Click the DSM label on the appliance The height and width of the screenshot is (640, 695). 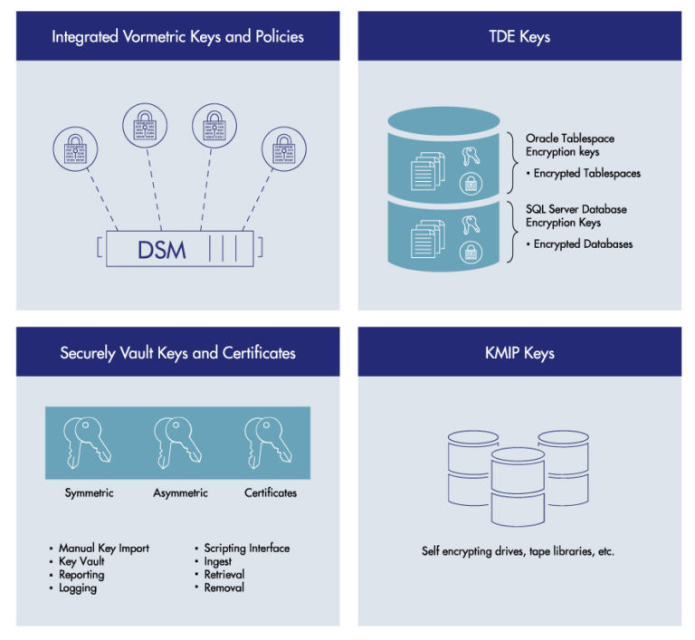pos(161,249)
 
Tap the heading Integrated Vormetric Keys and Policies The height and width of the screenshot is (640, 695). pos(177,37)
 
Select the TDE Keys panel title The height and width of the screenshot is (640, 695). pos(519,37)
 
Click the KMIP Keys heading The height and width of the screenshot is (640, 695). pos(519,352)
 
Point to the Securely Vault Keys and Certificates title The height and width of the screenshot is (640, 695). pos(177,352)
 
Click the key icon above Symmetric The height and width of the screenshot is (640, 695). pos(89,441)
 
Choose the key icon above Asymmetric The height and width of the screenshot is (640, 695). pos(179,441)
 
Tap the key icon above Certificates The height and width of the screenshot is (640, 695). pos(270,441)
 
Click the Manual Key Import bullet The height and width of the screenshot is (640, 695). pos(103,548)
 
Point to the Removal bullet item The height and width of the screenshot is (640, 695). pos(224,588)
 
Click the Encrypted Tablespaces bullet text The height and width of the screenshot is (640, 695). pos(586,173)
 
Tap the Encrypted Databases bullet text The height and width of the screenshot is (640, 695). pos(583,244)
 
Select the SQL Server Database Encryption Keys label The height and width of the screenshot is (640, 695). pos(576,215)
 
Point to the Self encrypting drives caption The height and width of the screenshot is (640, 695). pos(518,550)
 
